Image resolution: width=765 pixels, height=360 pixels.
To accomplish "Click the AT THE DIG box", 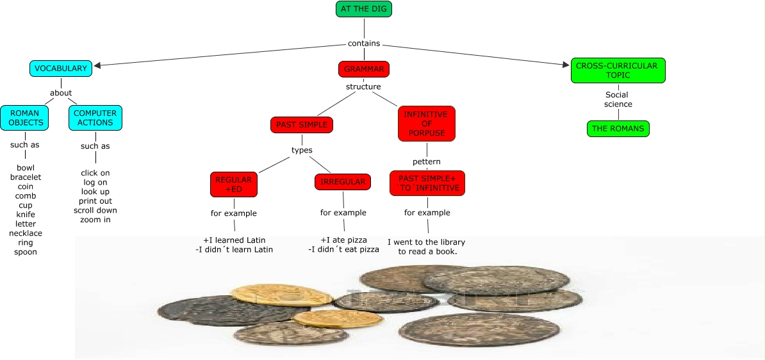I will coord(363,9).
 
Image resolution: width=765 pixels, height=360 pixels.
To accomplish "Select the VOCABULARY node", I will coord(61,68).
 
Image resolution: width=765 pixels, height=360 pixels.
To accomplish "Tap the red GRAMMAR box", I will coord(363,69).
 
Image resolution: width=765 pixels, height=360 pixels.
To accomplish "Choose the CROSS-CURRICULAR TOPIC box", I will coord(618,70).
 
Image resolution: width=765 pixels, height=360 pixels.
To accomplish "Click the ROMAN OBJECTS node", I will coord(25,118).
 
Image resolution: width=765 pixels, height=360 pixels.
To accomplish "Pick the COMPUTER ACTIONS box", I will coord(95,118).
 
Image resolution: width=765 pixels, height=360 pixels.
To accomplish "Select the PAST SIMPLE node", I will coord(302,125).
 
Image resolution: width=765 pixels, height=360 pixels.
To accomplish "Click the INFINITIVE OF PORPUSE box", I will coord(426,124).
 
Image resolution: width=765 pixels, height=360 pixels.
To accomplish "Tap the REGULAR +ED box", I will coord(234,184).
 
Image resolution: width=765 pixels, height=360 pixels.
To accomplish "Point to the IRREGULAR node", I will coord(343,182).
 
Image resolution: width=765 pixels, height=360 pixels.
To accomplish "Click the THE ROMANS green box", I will coord(618,129).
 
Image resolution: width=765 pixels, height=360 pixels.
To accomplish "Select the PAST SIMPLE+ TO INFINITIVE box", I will coord(427,183).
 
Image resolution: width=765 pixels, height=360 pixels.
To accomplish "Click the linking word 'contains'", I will coord(364,44).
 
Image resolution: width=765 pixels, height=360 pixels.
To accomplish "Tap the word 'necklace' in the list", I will coord(26,233).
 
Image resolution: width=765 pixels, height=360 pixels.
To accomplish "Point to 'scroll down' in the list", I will coord(95,210).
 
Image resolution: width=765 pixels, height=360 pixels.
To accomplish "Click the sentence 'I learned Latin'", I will coord(234,240).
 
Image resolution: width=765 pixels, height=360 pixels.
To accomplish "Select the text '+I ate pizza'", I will coord(343,240).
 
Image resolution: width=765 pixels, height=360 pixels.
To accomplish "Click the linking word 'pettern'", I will coord(427,161).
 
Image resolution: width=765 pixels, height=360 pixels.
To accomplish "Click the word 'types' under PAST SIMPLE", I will coord(302,151).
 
